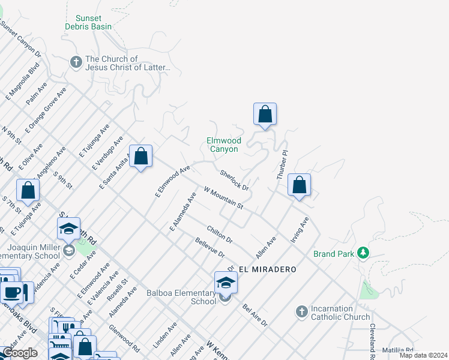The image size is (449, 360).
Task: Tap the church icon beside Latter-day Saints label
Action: pos(76,62)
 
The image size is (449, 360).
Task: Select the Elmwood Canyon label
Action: pos(223,145)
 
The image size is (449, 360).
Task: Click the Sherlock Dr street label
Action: pos(234,181)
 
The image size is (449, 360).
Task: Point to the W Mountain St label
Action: pos(223,197)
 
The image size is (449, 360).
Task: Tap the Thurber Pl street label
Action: pos(283,164)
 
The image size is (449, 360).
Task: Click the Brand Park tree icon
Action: pos(363,253)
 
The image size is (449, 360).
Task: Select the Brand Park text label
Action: pos(334,254)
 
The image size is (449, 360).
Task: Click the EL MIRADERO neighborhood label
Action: pos(267,269)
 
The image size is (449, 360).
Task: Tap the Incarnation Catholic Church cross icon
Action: pos(301,311)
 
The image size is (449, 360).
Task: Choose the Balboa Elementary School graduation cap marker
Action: pos(226,283)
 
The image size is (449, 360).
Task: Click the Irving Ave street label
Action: pos(300,230)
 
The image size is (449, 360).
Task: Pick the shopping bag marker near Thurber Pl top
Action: pos(265,114)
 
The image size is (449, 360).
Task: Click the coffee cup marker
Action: pos(11,292)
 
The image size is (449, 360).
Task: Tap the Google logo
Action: pos(20,353)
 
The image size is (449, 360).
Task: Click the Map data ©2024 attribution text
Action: pos(423,355)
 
